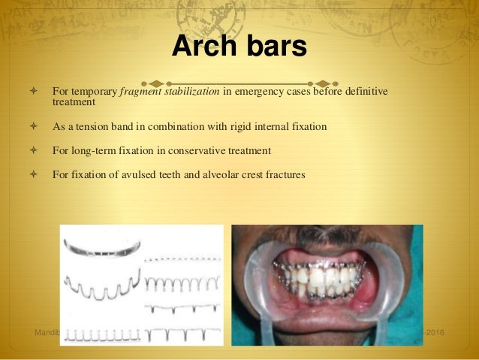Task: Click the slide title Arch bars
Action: click(239, 47)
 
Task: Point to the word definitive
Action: click(360, 92)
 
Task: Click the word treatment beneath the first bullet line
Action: click(74, 102)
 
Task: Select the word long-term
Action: click(95, 150)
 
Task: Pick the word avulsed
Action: click(137, 174)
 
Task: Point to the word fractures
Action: click(284, 174)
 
